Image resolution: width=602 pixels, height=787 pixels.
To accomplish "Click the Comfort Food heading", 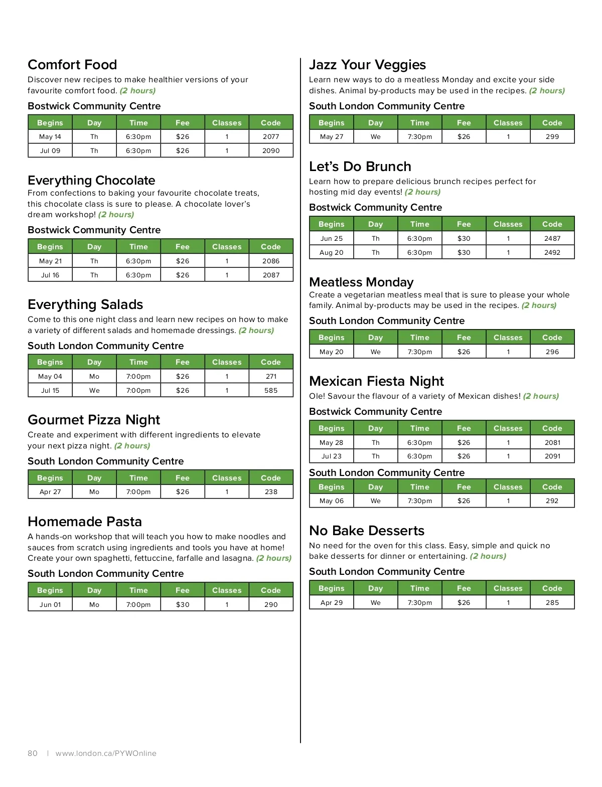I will [x=72, y=65].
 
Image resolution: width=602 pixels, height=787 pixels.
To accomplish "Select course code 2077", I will [x=271, y=136].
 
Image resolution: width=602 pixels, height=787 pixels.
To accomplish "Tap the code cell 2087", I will [x=271, y=275].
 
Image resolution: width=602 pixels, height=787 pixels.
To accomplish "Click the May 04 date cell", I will [x=50, y=376].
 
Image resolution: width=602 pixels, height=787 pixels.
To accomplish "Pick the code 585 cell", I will [x=271, y=390].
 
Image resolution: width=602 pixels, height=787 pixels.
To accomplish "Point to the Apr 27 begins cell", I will [x=50, y=492].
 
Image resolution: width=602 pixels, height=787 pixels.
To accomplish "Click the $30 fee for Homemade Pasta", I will [x=183, y=604].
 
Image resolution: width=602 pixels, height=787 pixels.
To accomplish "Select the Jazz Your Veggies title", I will [x=367, y=65].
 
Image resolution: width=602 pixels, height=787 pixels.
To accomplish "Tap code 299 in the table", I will [x=552, y=136].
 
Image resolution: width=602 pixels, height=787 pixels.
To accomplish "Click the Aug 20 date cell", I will [x=332, y=252].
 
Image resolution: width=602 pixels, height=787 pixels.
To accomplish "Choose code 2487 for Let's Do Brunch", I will [x=552, y=238].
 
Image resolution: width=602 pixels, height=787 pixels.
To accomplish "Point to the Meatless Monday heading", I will [x=361, y=282].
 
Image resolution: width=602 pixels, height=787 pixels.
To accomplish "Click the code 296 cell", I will [x=552, y=352].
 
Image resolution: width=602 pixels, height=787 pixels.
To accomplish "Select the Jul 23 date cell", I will [x=332, y=456].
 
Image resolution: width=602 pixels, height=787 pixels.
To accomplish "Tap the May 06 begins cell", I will [x=332, y=501].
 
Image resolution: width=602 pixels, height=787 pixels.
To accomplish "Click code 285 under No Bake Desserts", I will [x=552, y=602].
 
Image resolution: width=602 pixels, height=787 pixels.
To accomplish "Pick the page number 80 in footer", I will [x=33, y=753].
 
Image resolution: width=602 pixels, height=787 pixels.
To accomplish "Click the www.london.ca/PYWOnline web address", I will [x=106, y=753].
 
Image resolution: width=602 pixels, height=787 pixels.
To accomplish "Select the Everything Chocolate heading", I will [x=91, y=180].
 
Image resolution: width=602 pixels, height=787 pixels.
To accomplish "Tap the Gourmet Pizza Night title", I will [x=94, y=419].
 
